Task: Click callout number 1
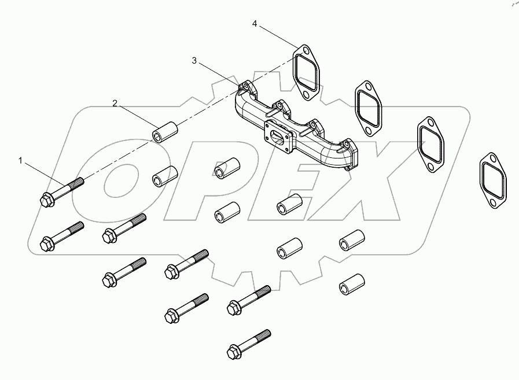(x=20, y=161)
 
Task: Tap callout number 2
(x=115, y=104)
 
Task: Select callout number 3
(x=194, y=61)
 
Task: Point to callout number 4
(x=255, y=24)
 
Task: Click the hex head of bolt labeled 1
(x=45, y=200)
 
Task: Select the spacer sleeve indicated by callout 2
(x=165, y=132)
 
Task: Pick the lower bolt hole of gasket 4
(x=306, y=95)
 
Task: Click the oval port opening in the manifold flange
(x=277, y=136)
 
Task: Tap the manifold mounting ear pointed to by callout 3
(x=246, y=87)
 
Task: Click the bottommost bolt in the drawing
(x=249, y=344)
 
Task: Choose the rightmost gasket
(x=493, y=180)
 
